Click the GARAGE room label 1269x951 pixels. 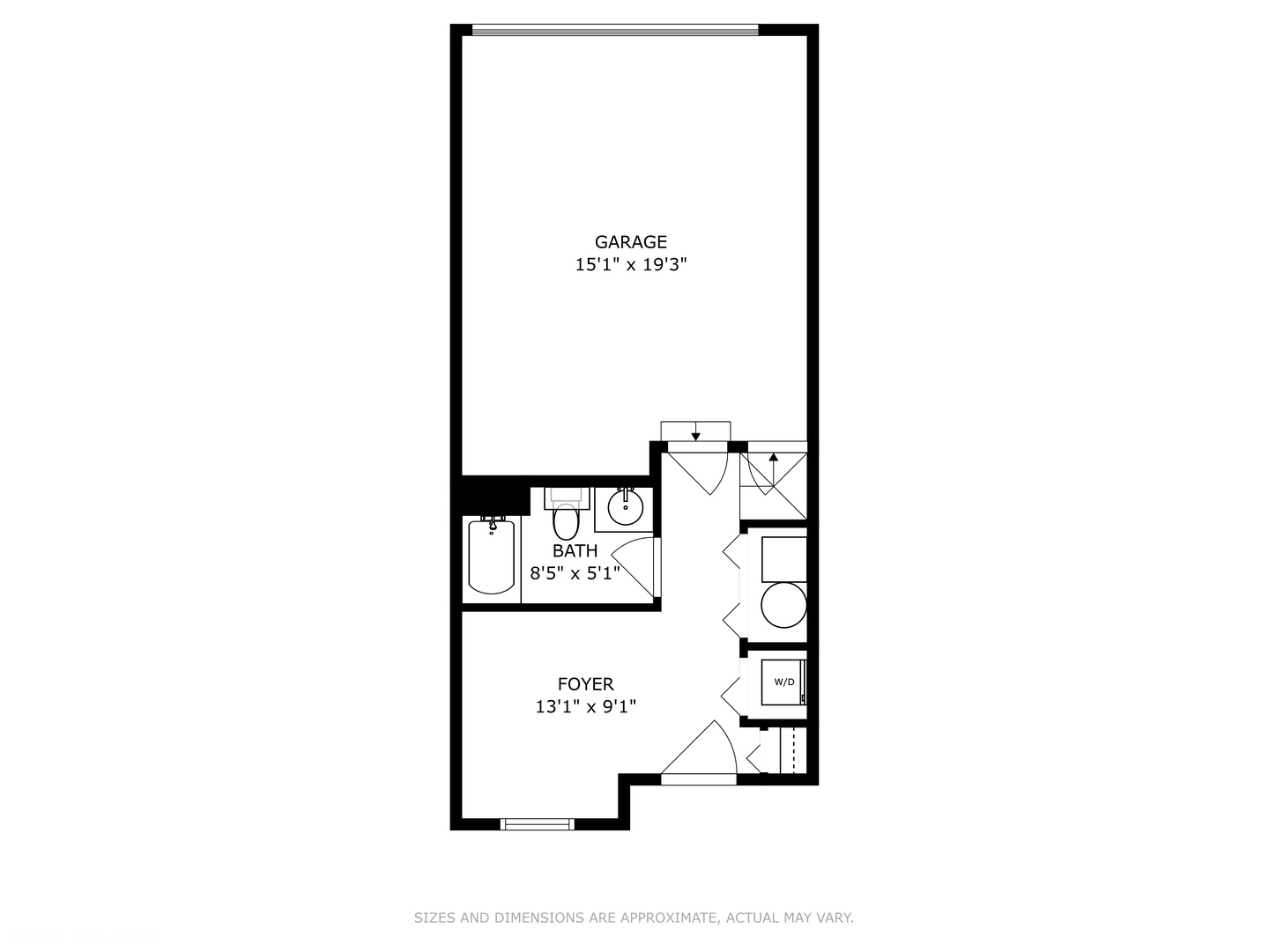pyautogui.click(x=630, y=241)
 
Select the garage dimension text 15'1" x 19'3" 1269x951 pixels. pyautogui.click(x=630, y=264)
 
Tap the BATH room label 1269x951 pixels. pyautogui.click(x=575, y=550)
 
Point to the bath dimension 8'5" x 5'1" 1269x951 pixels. pyautogui.click(x=575, y=572)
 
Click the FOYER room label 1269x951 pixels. pyautogui.click(x=585, y=684)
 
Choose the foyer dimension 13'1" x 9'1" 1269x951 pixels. pyautogui.click(x=585, y=706)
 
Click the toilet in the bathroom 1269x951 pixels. pyautogui.click(x=565, y=520)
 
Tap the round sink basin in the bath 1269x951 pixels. pyautogui.click(x=625, y=508)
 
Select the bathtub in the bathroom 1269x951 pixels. pyautogui.click(x=491, y=557)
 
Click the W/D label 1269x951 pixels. pyautogui.click(x=783, y=682)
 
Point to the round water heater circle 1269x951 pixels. pyautogui.click(x=783, y=606)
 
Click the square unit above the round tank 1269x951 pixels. pyautogui.click(x=783, y=559)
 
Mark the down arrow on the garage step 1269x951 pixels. pyautogui.click(x=695, y=432)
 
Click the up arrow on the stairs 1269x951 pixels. pyautogui.click(x=773, y=459)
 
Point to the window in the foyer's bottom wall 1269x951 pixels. pyautogui.click(x=537, y=824)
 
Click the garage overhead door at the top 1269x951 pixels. pyautogui.click(x=614, y=30)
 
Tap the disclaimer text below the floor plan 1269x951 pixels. pyautogui.click(x=634, y=918)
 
